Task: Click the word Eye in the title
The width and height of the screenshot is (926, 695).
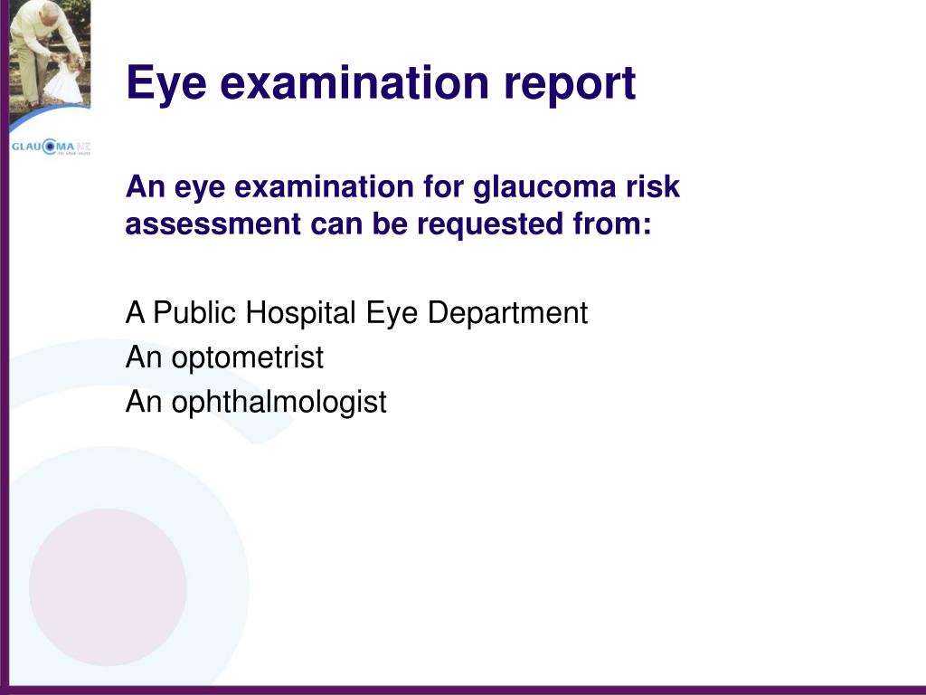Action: click(x=166, y=83)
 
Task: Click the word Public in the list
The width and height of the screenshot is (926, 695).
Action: click(x=195, y=312)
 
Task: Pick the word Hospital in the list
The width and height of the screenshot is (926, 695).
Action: click(x=300, y=313)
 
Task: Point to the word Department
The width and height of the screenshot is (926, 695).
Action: click(x=507, y=313)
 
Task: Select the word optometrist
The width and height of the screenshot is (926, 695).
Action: click(x=248, y=357)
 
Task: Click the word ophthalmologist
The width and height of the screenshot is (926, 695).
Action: click(x=279, y=403)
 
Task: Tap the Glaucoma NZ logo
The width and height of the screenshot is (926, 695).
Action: click(x=51, y=147)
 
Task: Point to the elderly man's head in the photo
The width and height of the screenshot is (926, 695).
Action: click(x=51, y=10)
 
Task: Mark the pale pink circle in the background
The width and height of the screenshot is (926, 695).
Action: click(x=109, y=586)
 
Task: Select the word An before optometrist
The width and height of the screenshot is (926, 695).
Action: click(x=144, y=357)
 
